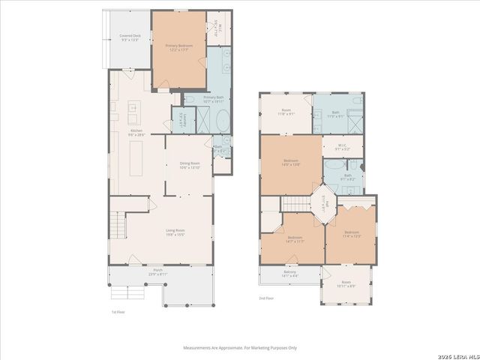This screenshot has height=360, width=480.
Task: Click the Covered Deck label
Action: pyautogui.click(x=130, y=37)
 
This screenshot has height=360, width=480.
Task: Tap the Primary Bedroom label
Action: pyautogui.click(x=179, y=48)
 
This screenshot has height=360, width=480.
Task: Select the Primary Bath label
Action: pyautogui.click(x=214, y=99)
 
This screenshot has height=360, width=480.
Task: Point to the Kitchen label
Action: pyautogui.click(x=136, y=133)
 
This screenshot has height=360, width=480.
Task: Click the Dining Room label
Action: pyautogui.click(x=190, y=165)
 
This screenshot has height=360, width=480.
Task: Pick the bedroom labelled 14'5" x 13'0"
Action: pyautogui.click(x=291, y=163)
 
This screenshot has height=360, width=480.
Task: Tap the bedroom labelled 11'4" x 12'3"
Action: pyautogui.click(x=351, y=234)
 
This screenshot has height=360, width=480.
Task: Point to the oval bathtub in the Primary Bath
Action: pyautogui.click(x=202, y=121)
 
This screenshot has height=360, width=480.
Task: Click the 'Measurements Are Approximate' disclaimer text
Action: pyautogui.click(x=240, y=348)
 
